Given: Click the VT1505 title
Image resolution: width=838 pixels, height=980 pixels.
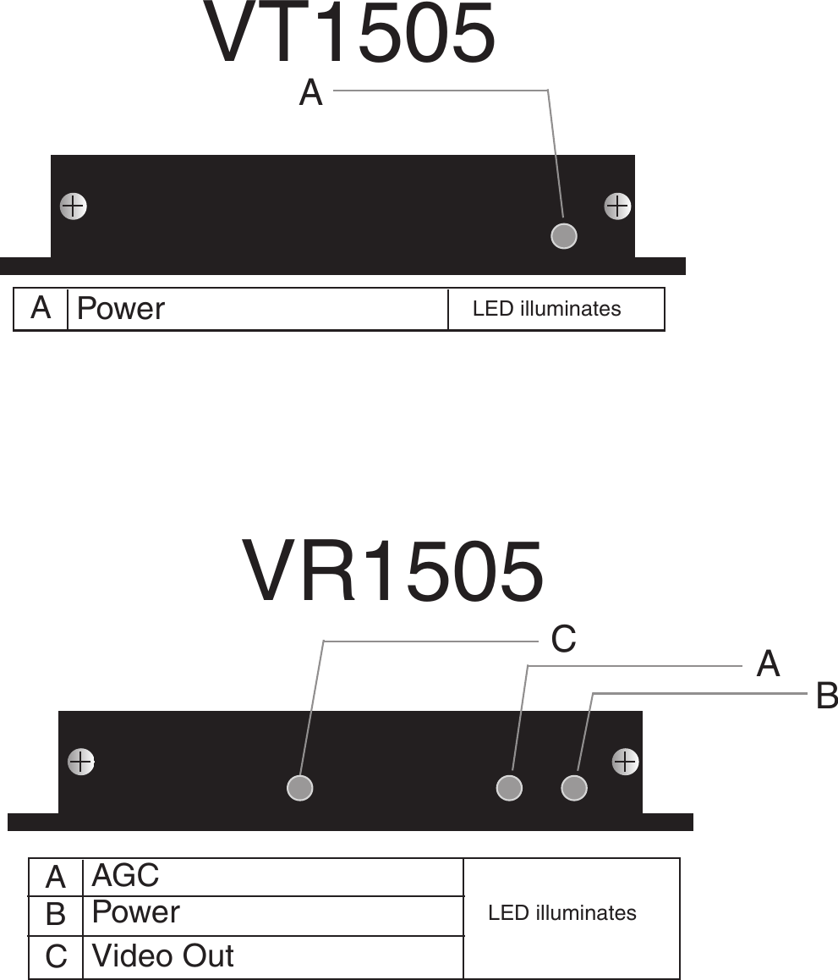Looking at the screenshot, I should tap(349, 34).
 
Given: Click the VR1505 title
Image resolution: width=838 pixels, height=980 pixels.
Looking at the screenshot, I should tap(393, 573).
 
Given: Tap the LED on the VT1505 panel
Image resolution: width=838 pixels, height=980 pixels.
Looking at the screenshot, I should tap(564, 235).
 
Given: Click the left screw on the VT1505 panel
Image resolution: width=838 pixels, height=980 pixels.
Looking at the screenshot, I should tap(74, 206).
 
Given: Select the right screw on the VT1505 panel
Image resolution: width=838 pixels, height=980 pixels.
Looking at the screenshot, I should tap(618, 206).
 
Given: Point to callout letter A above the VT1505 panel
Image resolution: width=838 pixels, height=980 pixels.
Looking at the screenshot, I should tap(311, 93).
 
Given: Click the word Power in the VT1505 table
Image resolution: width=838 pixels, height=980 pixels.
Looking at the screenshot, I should tap(121, 309).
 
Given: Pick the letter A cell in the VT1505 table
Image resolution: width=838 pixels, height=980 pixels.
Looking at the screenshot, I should tap(41, 308).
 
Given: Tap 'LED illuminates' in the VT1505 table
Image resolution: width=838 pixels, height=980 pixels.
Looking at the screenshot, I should tap(546, 309).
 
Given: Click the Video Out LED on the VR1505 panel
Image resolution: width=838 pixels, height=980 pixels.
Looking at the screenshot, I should tap(300, 788).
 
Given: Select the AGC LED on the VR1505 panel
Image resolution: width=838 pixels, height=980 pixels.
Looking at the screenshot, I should tap(509, 788).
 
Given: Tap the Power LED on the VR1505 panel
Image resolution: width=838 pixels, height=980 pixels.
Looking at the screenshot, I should tap(574, 788).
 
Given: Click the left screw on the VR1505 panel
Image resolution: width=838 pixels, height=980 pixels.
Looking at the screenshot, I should tap(80, 762).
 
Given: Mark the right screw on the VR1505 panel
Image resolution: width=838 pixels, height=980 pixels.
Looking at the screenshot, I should tap(625, 762).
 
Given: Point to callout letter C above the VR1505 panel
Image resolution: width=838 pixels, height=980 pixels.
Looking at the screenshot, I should tap(564, 640).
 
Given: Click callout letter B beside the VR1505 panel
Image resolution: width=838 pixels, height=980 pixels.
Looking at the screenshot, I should tap(826, 697).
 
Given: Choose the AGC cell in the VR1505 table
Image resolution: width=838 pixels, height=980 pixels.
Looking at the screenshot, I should tap(125, 875).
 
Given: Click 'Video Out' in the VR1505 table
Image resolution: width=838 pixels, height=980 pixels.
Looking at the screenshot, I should tap(162, 955).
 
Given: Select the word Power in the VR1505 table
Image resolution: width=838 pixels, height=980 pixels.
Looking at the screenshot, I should tap(135, 912).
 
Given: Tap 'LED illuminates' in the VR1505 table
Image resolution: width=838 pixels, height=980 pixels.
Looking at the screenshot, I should tap(562, 913).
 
